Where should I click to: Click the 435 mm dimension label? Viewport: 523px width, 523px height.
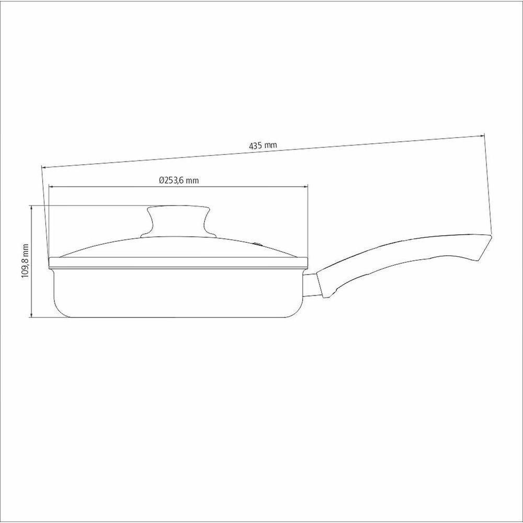263,145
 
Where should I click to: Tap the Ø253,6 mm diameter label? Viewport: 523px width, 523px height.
179,180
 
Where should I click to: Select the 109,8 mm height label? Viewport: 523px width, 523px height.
25,261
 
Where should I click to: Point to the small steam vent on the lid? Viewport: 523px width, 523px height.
257,244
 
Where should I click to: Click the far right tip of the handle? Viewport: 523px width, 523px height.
492,235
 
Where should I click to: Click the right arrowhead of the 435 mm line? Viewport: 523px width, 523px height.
482,135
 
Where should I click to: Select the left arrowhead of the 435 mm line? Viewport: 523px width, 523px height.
43,167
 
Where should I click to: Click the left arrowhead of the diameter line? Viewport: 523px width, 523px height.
51,187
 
